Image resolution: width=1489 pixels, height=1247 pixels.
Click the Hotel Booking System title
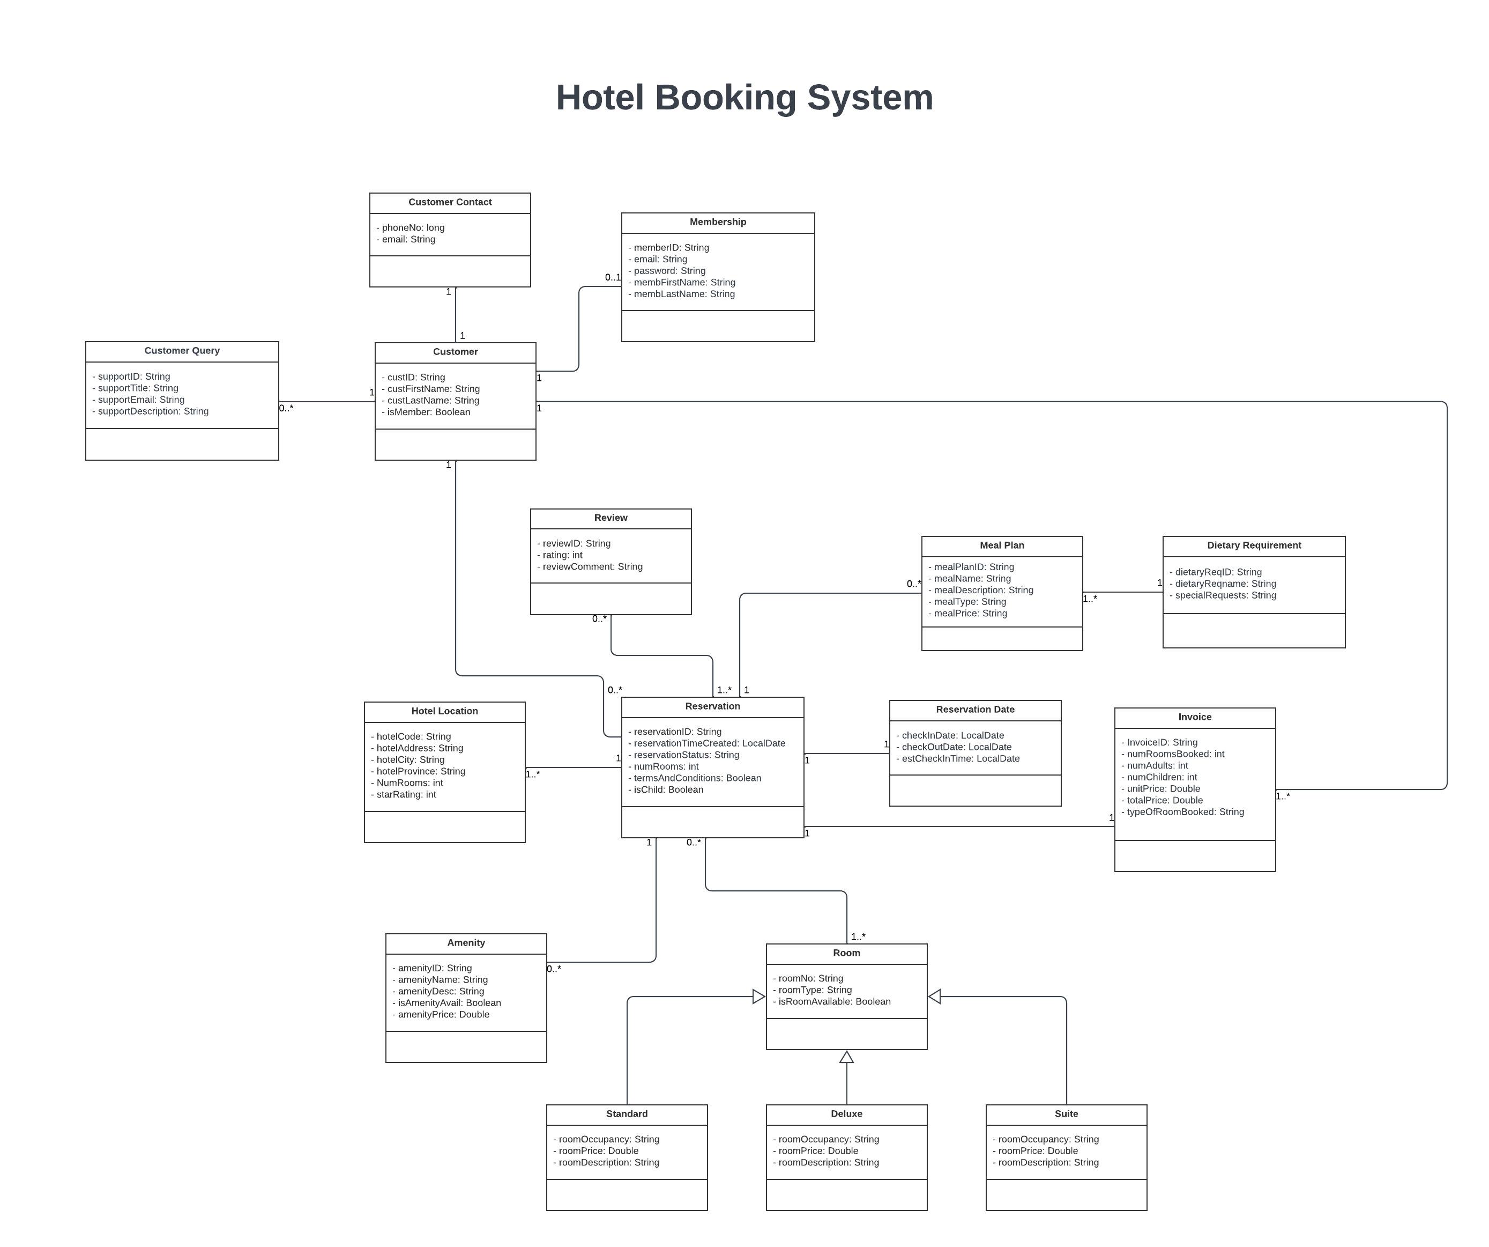coord(744,98)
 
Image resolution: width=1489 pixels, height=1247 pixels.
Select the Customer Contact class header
coord(450,202)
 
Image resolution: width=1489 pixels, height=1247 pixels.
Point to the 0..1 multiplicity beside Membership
coord(612,277)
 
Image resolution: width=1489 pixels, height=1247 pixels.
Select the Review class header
coord(611,518)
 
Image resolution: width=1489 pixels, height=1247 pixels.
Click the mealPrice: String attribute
coord(970,614)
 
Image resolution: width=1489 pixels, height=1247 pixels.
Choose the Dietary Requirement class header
coord(1254,545)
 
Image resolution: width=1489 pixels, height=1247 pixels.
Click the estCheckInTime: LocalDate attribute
coord(960,759)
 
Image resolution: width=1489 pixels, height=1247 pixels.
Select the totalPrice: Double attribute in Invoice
coord(1164,800)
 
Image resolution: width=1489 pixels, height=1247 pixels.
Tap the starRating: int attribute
coord(406,794)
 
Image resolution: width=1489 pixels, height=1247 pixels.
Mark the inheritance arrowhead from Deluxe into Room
coord(846,1057)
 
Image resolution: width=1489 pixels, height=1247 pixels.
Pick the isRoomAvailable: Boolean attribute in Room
coord(834,1001)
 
